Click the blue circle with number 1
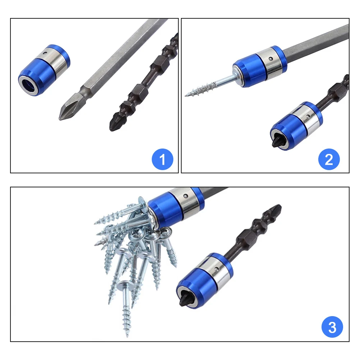(x=163, y=159)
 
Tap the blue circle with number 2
(x=329, y=159)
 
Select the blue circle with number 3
(x=332, y=328)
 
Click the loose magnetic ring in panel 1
(x=44, y=70)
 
